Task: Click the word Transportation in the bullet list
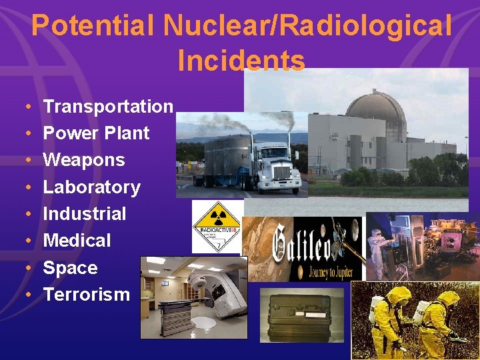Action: tap(107, 106)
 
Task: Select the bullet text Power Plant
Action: tap(96, 133)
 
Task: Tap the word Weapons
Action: tap(84, 160)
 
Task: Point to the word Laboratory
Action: tap(91, 187)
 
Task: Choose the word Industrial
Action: tap(84, 214)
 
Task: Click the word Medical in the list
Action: tap(77, 241)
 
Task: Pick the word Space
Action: tap(70, 268)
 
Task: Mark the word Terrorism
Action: tap(86, 294)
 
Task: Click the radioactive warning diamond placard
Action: tap(216, 227)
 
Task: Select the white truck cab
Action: tap(277, 167)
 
